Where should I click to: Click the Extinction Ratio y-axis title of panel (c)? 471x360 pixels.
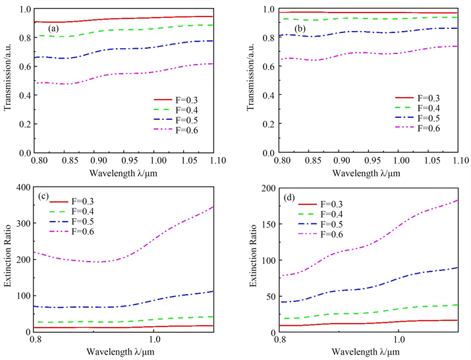(x=9, y=260)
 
